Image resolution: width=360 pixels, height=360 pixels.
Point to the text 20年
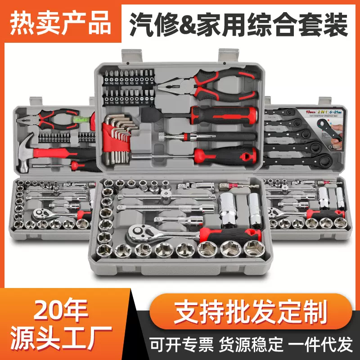click(x=62, y=310)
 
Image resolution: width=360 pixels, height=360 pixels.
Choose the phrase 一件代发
click(x=321, y=344)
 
